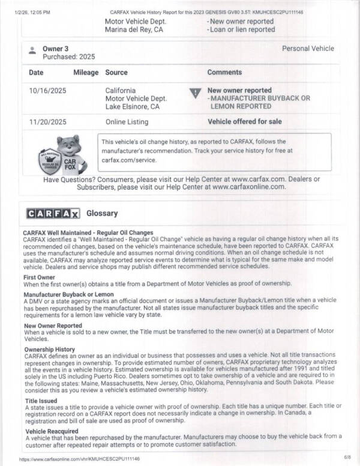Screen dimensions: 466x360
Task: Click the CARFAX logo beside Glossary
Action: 53,214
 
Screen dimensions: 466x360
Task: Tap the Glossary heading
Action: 102,213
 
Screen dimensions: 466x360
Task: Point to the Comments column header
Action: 224,72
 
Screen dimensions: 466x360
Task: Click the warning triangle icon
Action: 194,93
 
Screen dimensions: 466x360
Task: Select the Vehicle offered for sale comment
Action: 244,121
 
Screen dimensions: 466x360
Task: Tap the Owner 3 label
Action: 55,48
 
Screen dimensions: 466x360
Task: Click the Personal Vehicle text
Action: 308,48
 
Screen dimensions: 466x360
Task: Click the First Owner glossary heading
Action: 39,277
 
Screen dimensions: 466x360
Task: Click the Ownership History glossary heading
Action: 49,349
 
